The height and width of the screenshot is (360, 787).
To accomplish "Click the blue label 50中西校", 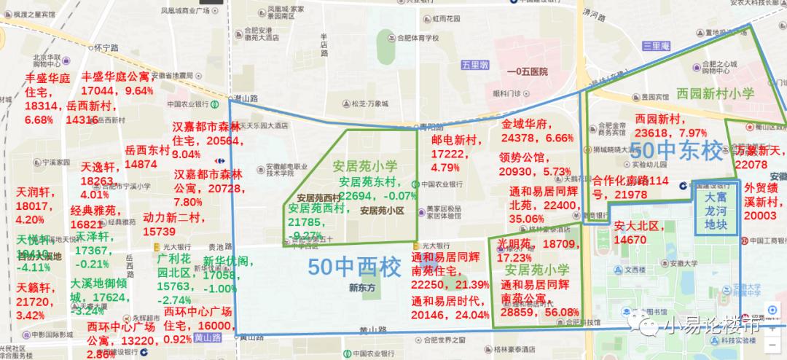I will click(x=354, y=267).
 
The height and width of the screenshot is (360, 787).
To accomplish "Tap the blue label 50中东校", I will click(x=677, y=151).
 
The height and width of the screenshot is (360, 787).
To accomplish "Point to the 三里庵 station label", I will click(x=656, y=45).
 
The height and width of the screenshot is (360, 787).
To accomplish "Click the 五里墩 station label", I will click(x=474, y=65).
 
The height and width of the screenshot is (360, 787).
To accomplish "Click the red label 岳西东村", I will click(x=147, y=149).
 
